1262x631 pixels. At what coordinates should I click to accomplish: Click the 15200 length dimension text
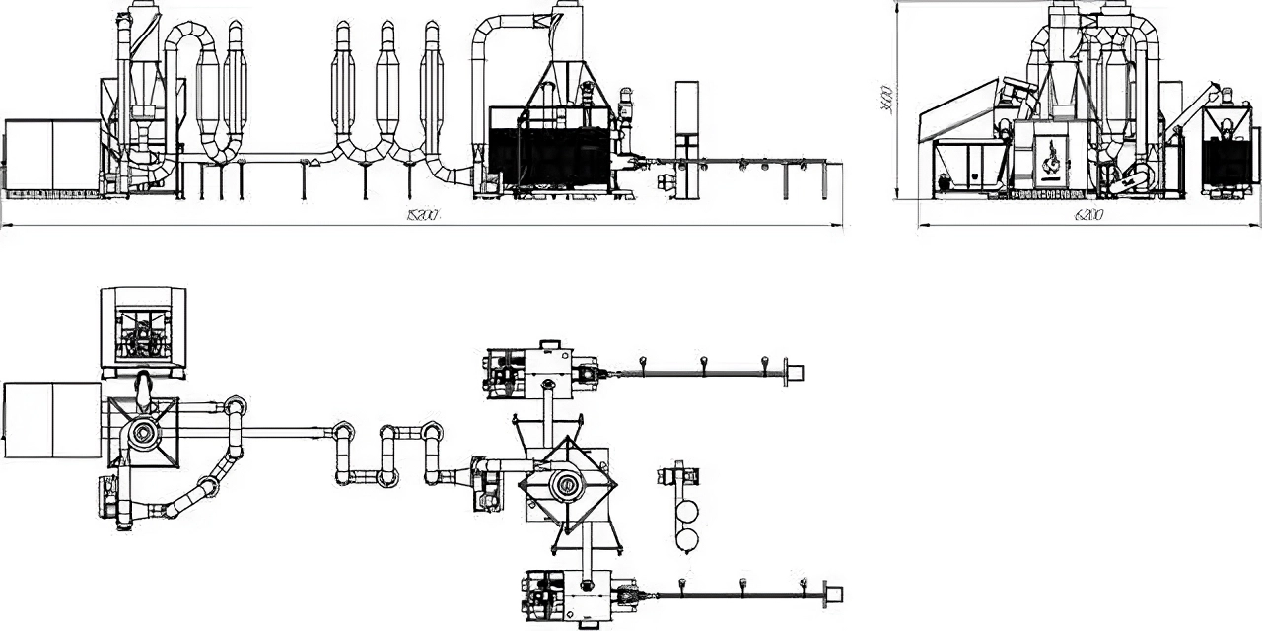[x=421, y=215]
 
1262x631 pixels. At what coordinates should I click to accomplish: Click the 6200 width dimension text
[x=1088, y=214]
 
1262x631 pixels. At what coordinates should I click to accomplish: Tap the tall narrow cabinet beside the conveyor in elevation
[x=686, y=118]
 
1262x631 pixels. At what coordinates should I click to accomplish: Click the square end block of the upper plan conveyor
[x=794, y=372]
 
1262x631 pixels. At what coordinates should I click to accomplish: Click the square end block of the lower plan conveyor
[x=833, y=594]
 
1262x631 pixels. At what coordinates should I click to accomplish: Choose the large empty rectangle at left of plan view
[x=51, y=420]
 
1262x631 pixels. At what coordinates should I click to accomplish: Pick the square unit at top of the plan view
[x=144, y=329]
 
